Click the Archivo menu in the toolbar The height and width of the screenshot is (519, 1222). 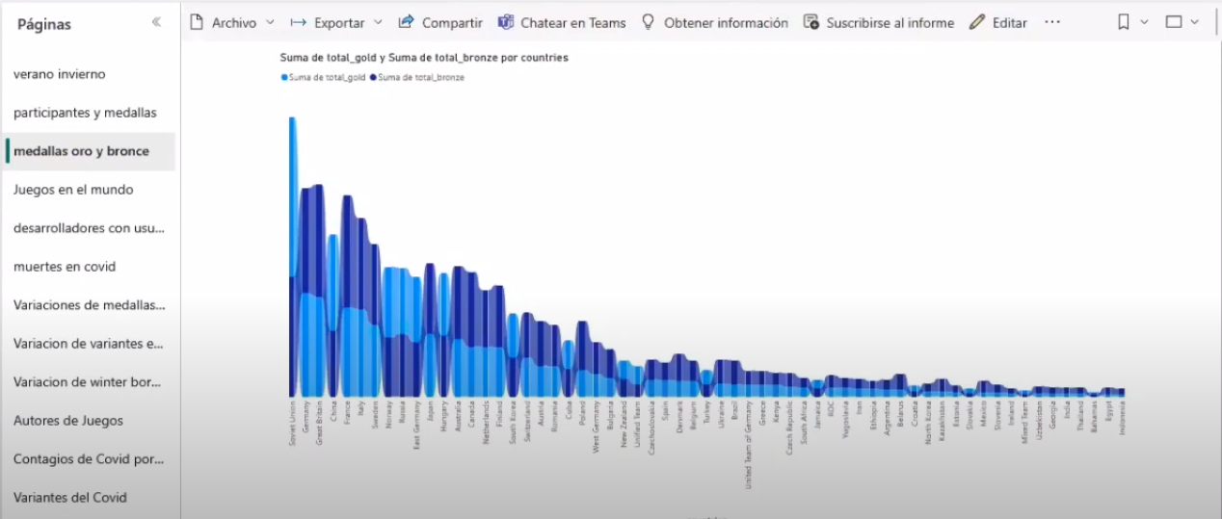coord(231,22)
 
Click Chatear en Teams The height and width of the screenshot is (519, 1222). coord(562,22)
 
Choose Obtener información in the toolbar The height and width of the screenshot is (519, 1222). coord(714,22)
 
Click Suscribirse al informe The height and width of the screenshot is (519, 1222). coord(878,22)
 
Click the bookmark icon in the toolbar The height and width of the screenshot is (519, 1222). coord(1124,22)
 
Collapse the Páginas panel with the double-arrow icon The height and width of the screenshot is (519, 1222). coord(156,22)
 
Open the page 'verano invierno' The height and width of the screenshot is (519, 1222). coord(60,74)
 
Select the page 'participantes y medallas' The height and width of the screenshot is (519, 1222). coord(85,113)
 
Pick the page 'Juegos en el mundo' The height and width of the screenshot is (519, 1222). coord(73,190)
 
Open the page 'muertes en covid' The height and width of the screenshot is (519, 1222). coord(65,267)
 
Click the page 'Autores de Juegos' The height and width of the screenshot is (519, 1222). coord(68,421)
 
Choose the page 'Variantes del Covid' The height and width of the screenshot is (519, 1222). coord(70,498)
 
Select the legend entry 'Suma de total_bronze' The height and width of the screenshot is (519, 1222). coord(418,77)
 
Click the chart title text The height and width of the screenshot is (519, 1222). coord(424,58)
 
